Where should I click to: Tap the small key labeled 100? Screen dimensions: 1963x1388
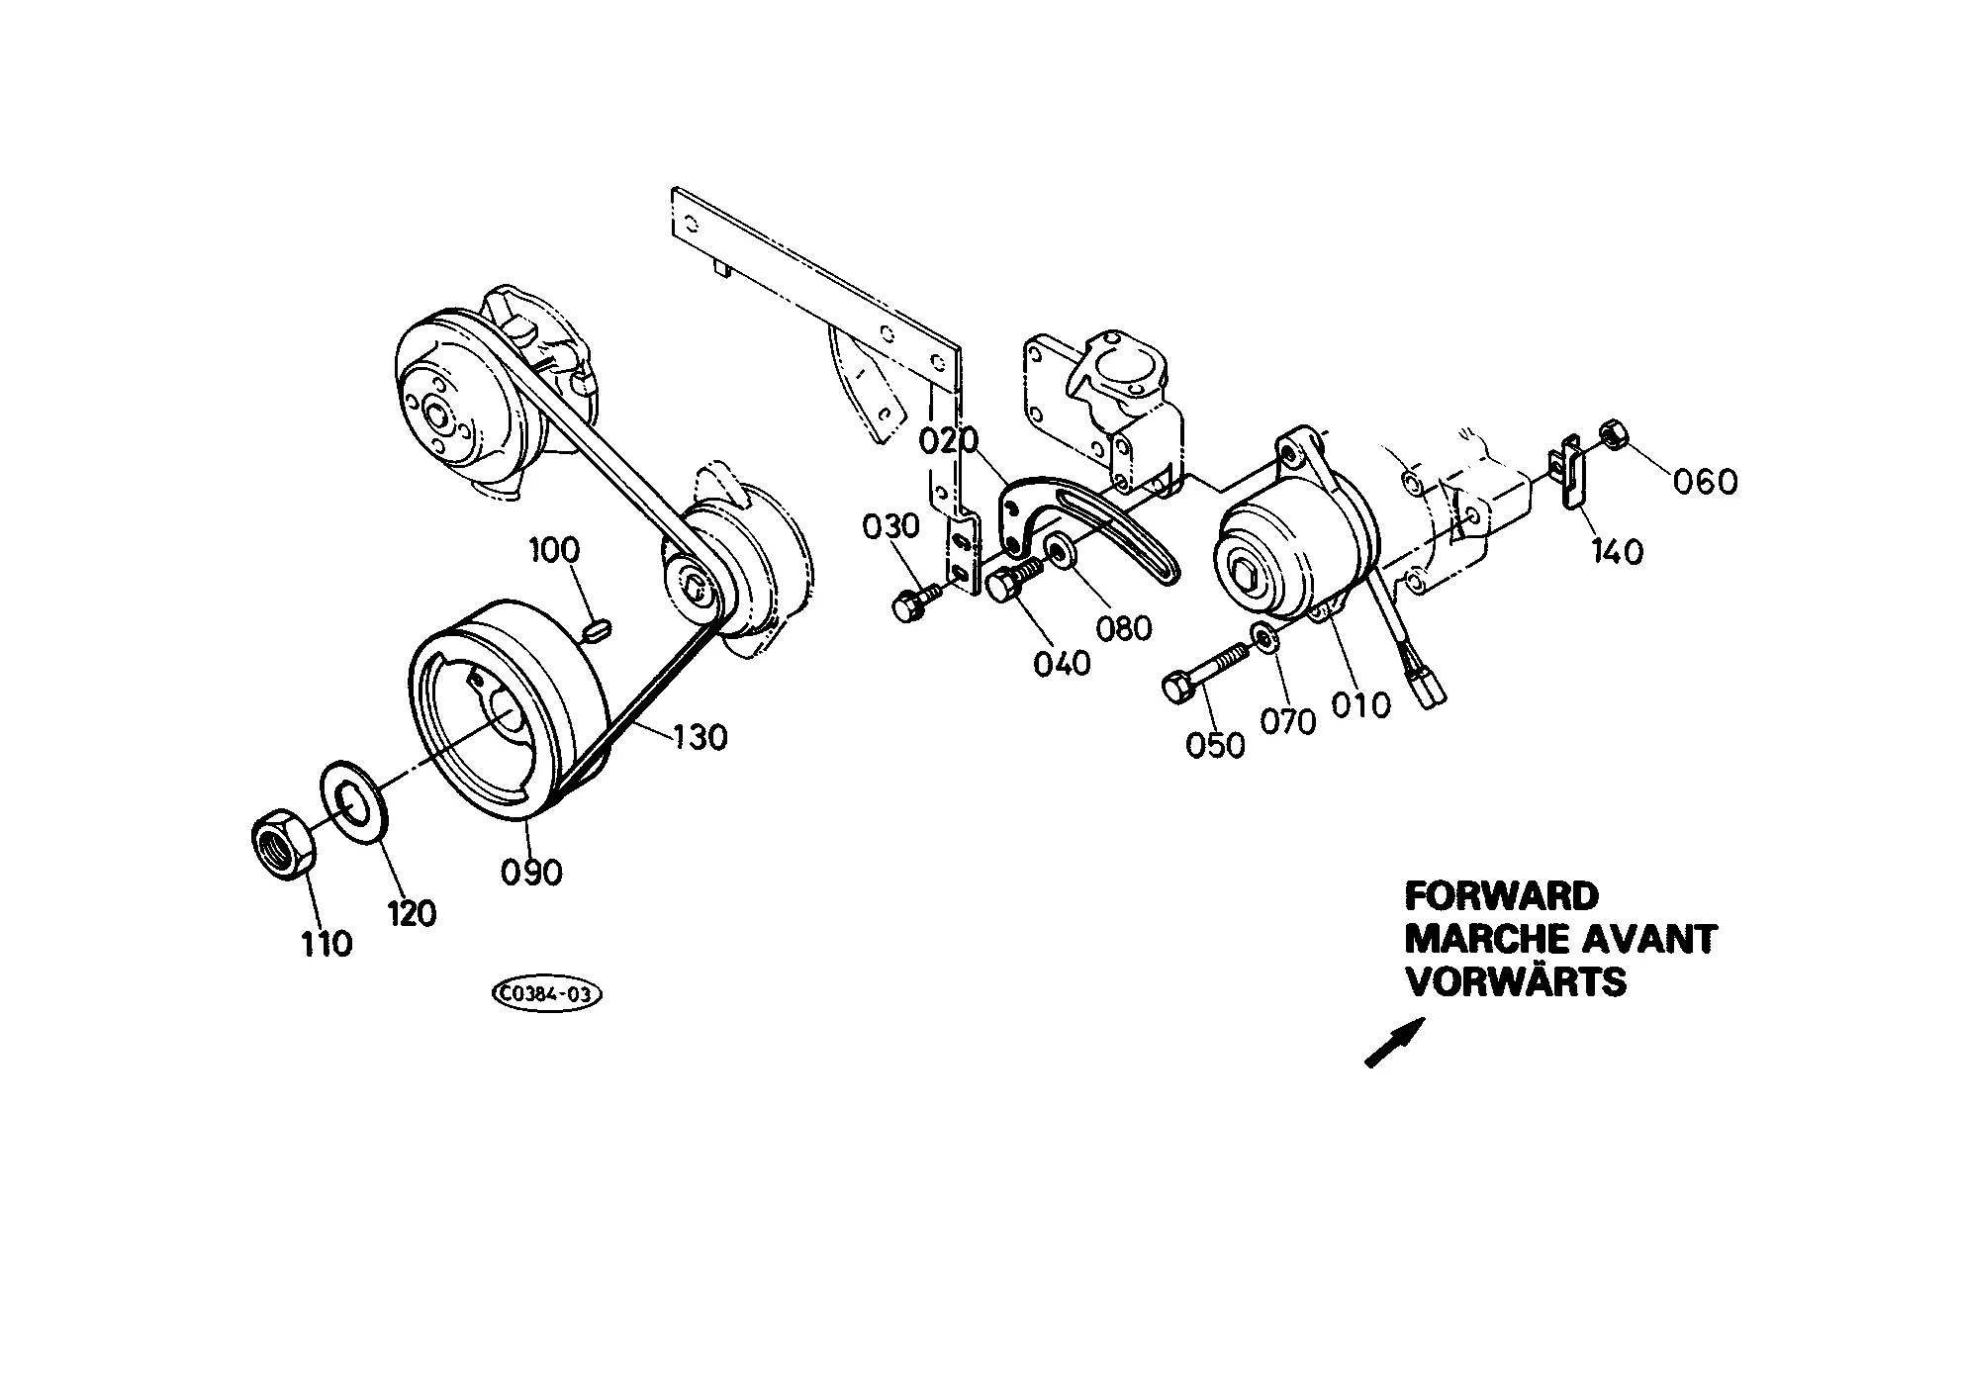[598, 628]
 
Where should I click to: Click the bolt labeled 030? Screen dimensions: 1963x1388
[918, 599]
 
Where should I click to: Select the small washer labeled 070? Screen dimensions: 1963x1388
[1265, 638]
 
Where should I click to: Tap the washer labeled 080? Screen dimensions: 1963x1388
[1061, 551]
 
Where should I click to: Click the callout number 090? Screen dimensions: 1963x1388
[531, 872]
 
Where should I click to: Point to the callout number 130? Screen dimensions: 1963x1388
[701, 736]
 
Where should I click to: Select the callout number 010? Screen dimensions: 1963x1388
[1360, 704]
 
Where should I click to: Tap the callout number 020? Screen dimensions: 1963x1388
[949, 440]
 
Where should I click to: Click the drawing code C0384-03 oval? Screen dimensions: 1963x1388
[546, 994]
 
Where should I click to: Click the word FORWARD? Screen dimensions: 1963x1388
[1502, 896]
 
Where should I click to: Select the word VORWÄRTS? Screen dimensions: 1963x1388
[1516, 982]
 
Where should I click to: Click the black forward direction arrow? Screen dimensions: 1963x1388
[1395, 1042]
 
